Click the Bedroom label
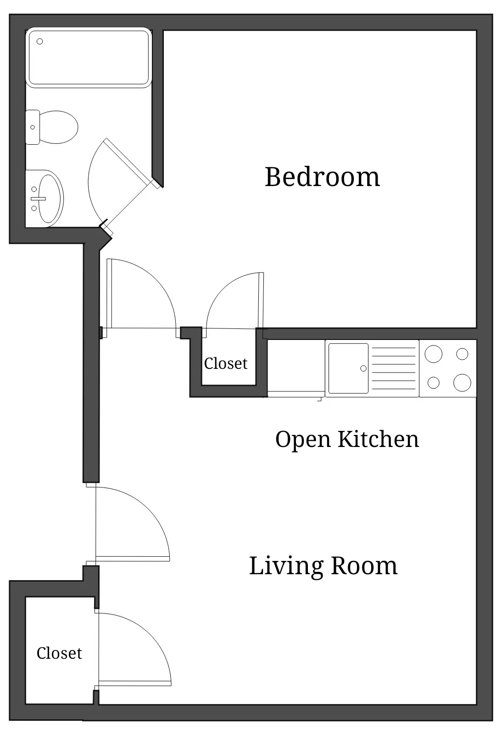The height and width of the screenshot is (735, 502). pos(322,177)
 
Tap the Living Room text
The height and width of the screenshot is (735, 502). pos(323,565)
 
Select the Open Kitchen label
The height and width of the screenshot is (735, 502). pos(347,439)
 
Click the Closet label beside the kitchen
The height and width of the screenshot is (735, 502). pos(225,363)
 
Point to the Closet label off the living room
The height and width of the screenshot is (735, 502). pos(59,653)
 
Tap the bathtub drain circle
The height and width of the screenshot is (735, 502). pos(40,41)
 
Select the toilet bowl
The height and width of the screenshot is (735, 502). pos(58,127)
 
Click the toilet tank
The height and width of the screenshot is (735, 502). pos(32,127)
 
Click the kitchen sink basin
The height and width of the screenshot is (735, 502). pos(348,368)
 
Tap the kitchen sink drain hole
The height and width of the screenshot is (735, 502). pos(363,368)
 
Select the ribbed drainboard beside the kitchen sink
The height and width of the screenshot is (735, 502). pos(394,368)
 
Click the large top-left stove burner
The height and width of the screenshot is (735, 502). pos(433,354)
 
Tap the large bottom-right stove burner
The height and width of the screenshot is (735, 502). pos(462,383)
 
